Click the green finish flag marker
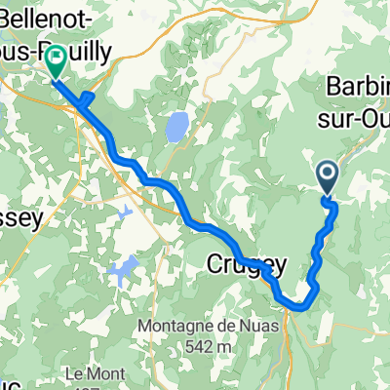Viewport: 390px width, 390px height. pos(56,61)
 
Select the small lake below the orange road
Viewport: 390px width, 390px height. pos(124,211)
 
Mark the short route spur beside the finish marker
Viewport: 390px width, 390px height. pos(88,98)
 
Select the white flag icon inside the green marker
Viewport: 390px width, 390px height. pos(56,59)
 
